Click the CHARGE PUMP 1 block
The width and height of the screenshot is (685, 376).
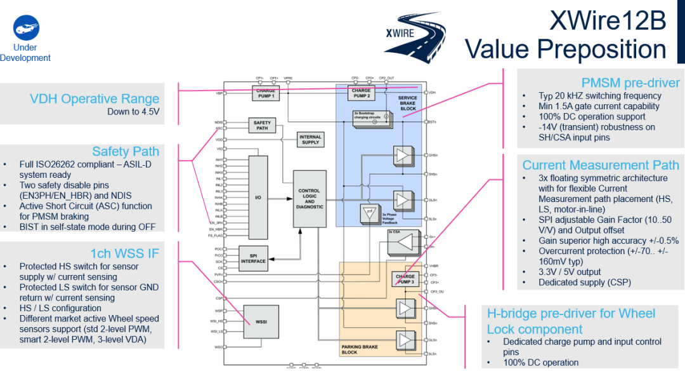click(x=266, y=93)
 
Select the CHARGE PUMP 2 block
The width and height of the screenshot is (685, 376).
click(x=361, y=93)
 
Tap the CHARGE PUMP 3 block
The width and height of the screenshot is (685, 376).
click(x=405, y=279)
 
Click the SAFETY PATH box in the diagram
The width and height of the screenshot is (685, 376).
click(x=262, y=125)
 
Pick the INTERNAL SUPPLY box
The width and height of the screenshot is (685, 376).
click(x=311, y=140)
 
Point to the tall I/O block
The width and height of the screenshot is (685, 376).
click(x=258, y=198)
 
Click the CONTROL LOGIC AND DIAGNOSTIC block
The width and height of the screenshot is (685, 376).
click(x=310, y=199)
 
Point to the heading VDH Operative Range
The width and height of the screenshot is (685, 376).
click(x=95, y=99)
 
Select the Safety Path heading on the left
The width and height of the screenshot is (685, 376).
click(x=126, y=151)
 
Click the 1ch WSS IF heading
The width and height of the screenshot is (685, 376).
click(x=124, y=253)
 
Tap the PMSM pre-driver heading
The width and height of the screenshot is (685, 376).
click(x=630, y=83)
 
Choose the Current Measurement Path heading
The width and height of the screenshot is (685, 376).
click(x=601, y=165)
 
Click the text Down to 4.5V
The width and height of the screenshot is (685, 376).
click(x=133, y=112)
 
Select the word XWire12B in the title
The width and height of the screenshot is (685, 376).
click(x=608, y=22)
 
